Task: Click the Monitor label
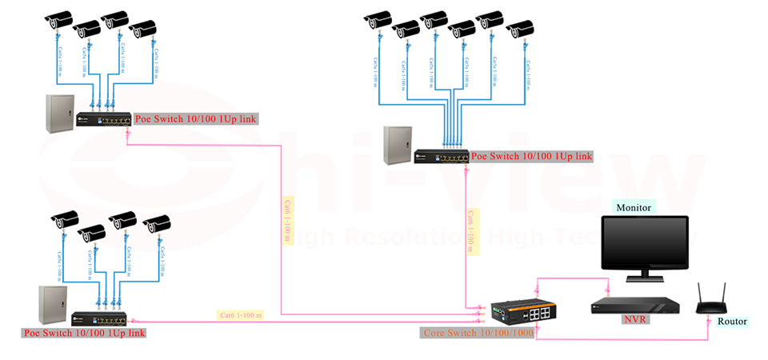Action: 634,207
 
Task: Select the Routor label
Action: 731,322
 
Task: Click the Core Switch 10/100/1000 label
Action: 478,332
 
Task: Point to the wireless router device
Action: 710,302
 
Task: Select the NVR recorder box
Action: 637,305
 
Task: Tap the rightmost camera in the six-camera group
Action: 520,30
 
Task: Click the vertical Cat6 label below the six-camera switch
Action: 472,232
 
